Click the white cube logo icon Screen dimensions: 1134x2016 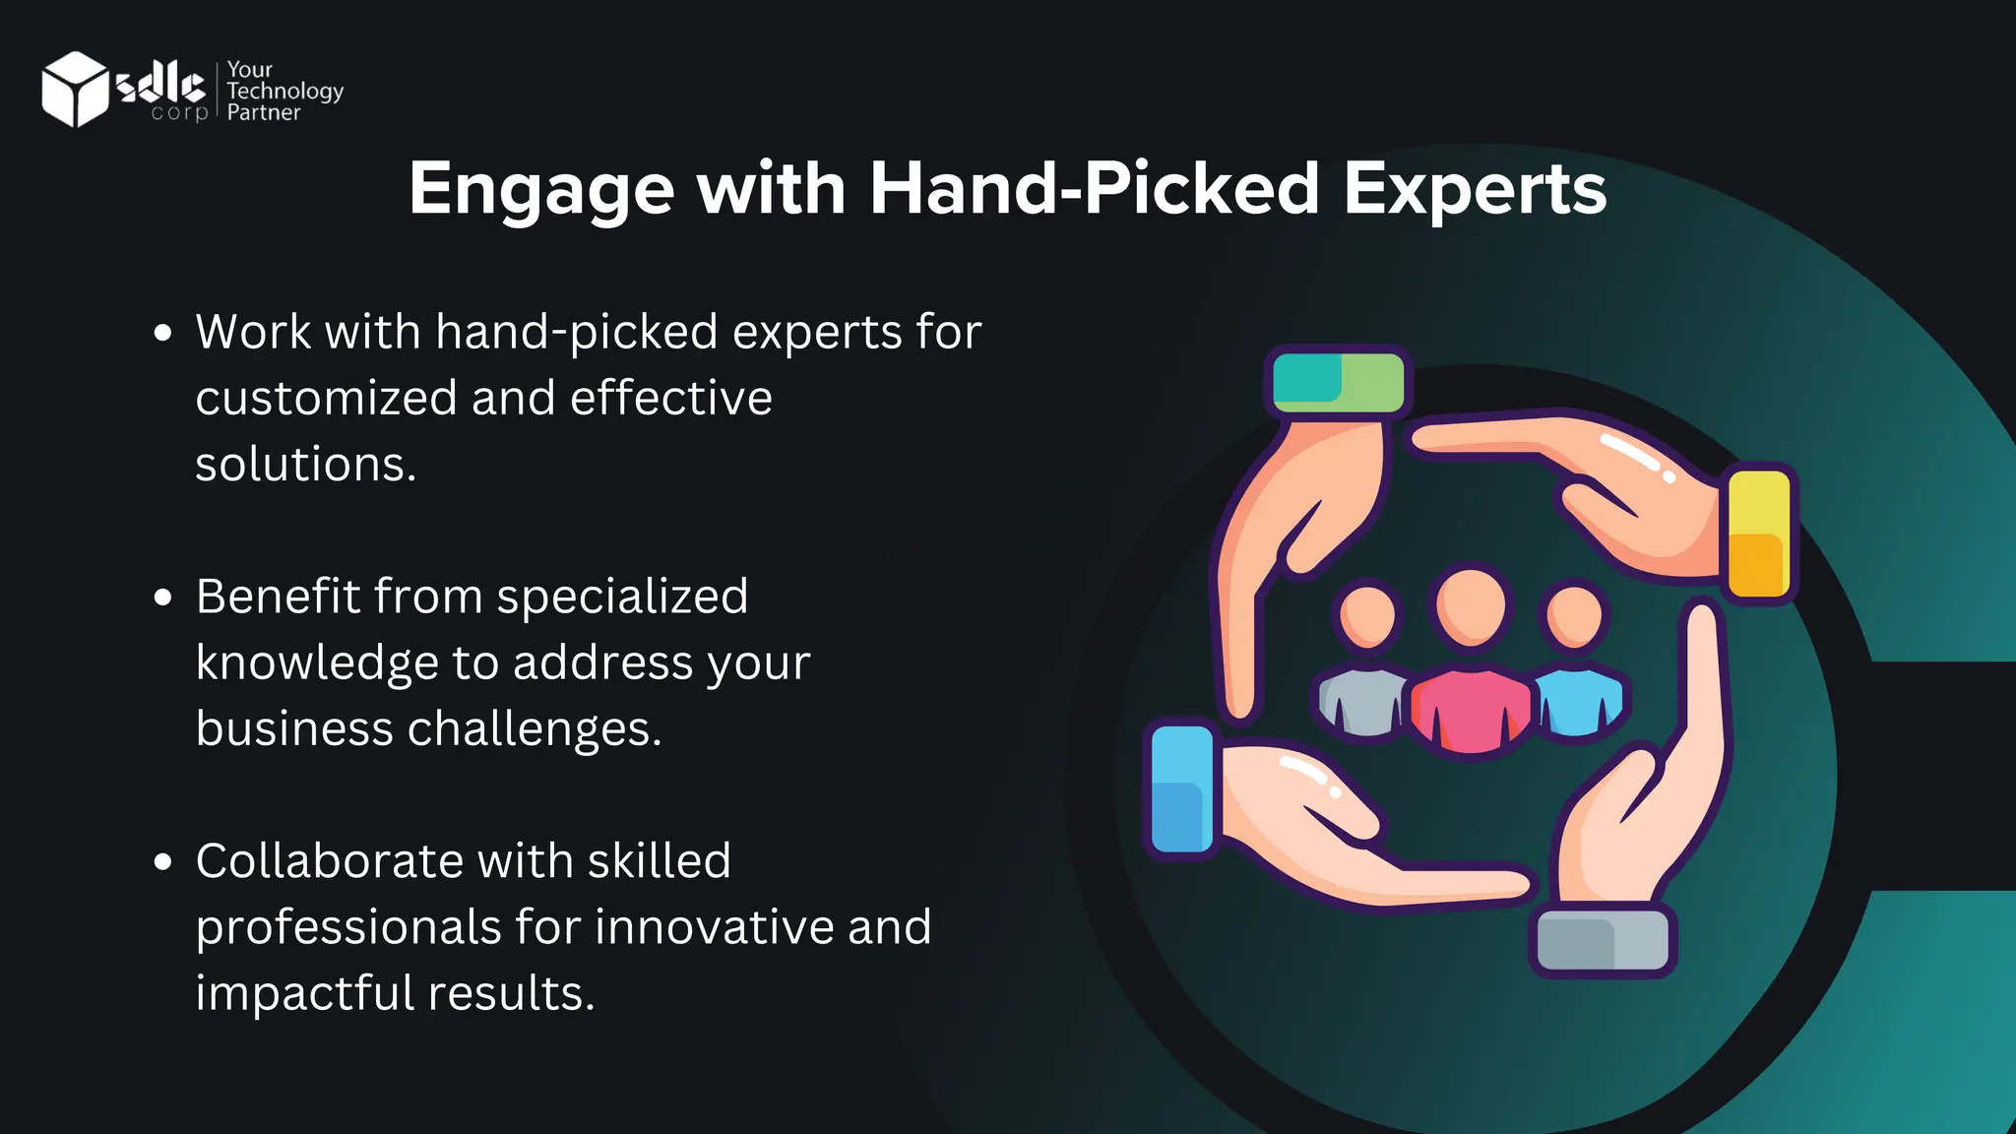click(75, 89)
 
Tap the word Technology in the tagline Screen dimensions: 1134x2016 click(284, 91)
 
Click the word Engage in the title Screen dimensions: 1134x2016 click(541, 189)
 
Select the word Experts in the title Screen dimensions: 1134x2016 click(1475, 189)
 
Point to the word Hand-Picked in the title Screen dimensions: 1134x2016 click(1094, 189)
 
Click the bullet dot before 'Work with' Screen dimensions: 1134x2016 click(163, 333)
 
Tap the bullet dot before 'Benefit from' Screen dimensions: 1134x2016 click(163, 598)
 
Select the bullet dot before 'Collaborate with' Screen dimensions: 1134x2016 click(163, 862)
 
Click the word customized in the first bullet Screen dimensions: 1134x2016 click(326, 399)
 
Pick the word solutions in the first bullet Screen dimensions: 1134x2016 click(305, 465)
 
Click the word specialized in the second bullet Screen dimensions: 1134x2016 click(622, 598)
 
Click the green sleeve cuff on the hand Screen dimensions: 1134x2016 click(1338, 382)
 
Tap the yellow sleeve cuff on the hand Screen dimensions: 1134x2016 click(1759, 534)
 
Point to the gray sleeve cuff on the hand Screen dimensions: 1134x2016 click(1603, 941)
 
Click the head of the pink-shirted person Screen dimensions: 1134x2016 click(1471, 605)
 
